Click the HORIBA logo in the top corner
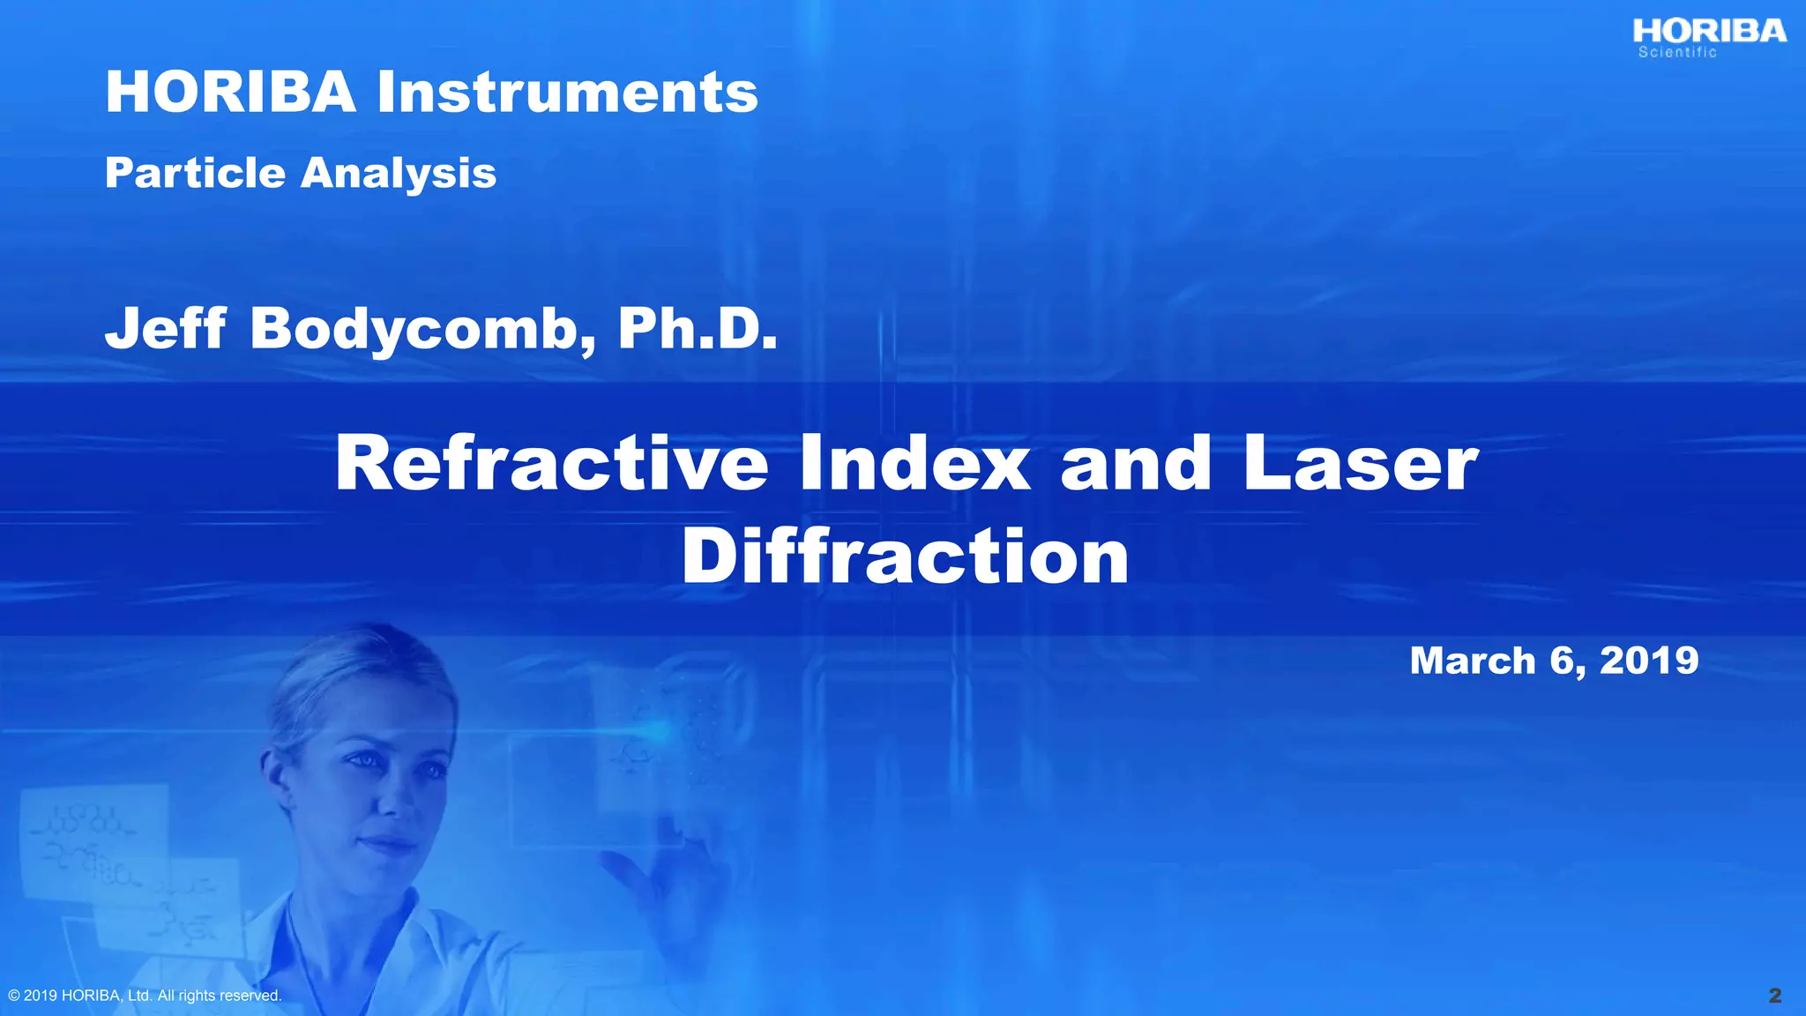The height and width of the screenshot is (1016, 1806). click(x=1709, y=32)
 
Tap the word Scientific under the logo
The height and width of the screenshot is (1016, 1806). click(x=1677, y=53)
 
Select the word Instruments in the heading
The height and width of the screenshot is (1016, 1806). click(x=567, y=92)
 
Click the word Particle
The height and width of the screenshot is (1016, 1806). click(x=195, y=172)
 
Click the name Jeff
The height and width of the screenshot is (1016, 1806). click(x=166, y=328)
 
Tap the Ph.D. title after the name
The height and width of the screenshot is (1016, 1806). click(x=698, y=328)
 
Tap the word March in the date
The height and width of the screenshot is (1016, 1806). click(x=1472, y=661)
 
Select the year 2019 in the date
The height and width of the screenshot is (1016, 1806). click(x=1649, y=661)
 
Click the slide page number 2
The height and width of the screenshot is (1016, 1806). click(x=1775, y=996)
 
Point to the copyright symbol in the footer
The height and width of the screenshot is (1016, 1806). click(x=13, y=996)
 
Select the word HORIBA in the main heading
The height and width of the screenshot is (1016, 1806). click(x=230, y=92)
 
